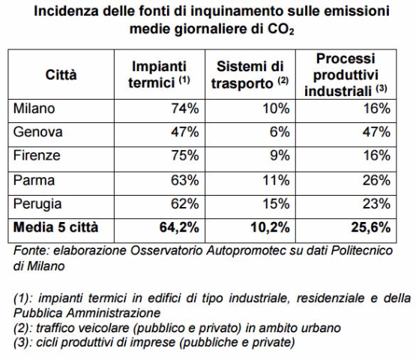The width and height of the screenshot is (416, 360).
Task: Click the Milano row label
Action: pos(34,109)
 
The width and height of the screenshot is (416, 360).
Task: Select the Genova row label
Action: pos(37,132)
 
